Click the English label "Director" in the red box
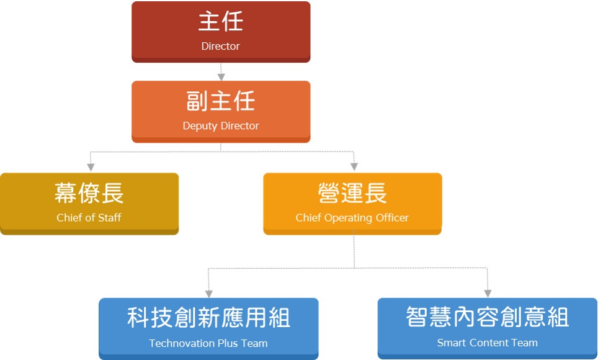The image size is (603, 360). pyautogui.click(x=221, y=46)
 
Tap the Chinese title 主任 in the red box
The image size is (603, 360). pyautogui.click(x=221, y=21)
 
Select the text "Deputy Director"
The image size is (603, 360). pyautogui.click(x=221, y=126)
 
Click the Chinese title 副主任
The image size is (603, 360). pyautogui.click(x=221, y=101)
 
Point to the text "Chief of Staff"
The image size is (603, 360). pyautogui.click(x=89, y=218)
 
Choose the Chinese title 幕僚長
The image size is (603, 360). pyautogui.click(x=89, y=192)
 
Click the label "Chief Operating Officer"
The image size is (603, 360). pyautogui.click(x=352, y=218)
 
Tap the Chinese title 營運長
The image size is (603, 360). pyautogui.click(x=352, y=192)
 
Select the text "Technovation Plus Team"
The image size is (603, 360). pyautogui.click(x=208, y=343)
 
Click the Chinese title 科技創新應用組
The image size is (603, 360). pyautogui.click(x=208, y=318)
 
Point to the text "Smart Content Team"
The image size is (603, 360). pyautogui.click(x=487, y=343)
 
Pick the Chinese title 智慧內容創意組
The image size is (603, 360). pyautogui.click(x=487, y=317)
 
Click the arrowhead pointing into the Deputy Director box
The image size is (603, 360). pyautogui.click(x=221, y=77)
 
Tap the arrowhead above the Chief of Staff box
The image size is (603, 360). pyautogui.click(x=91, y=168)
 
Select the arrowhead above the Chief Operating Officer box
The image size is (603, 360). pyautogui.click(x=354, y=166)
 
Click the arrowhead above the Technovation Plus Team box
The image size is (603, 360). pyautogui.click(x=209, y=294)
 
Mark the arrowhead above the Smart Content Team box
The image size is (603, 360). pyautogui.click(x=488, y=294)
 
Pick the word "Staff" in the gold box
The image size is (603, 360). pyautogui.click(x=110, y=218)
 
